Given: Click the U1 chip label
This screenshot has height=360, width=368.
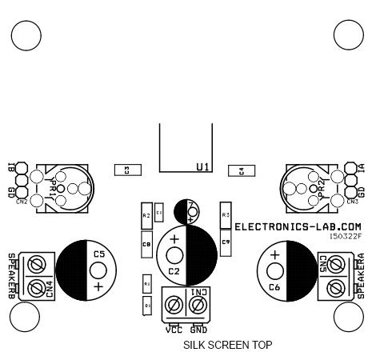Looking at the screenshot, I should pos(202,166).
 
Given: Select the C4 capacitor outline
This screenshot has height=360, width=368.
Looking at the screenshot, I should pos(241,170).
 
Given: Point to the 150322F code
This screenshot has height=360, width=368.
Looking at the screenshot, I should pos(345,237).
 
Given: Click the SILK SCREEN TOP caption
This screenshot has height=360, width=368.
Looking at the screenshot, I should pos(227,346).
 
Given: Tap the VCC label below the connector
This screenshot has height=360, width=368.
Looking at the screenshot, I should pos(174,329).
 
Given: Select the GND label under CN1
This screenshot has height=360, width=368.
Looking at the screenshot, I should pos(198,329).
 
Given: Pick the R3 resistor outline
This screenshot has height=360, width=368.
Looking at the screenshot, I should pos(226,216).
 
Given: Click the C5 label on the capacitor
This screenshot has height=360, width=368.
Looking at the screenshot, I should pos(99,254).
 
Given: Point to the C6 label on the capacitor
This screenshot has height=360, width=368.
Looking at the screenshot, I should pos(274,286).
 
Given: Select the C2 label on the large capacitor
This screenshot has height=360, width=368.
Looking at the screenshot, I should pos(173,270).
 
